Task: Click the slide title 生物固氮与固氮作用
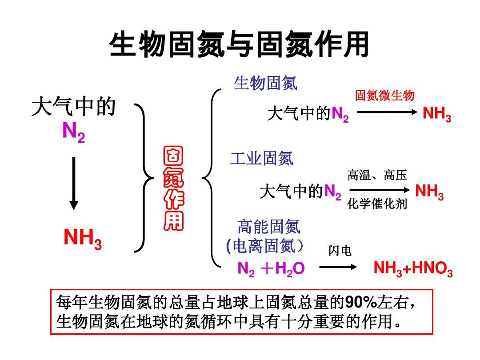click(x=239, y=45)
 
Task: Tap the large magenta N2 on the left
click(x=73, y=132)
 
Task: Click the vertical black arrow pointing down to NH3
click(x=74, y=183)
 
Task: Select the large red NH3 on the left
click(x=83, y=239)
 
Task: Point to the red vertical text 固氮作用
click(x=173, y=189)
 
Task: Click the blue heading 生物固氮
click(x=265, y=83)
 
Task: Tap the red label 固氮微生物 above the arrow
click(x=385, y=96)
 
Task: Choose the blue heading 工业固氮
click(x=262, y=159)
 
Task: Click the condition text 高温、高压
click(x=377, y=175)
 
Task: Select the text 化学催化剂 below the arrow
click(x=377, y=205)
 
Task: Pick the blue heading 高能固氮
click(x=269, y=227)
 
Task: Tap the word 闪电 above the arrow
click(x=340, y=252)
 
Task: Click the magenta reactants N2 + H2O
click(x=271, y=269)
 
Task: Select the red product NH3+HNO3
click(x=413, y=269)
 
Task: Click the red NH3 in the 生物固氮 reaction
click(x=437, y=114)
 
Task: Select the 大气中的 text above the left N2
click(x=74, y=107)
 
